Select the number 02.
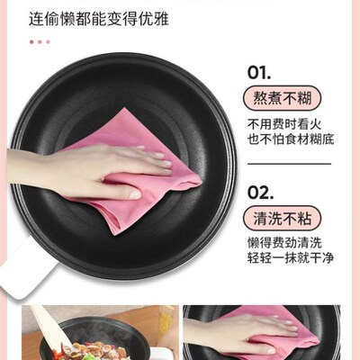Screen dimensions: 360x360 coord(260,193)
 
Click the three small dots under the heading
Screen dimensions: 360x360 coord(39,41)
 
